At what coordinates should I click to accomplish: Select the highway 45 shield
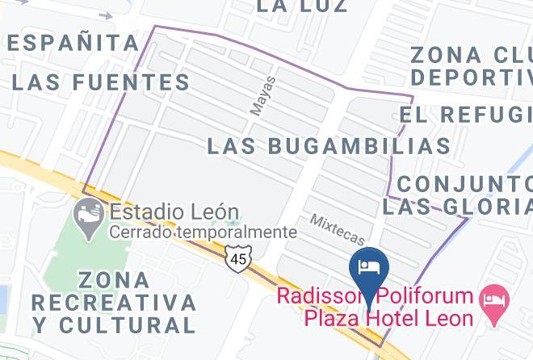click(x=238, y=259)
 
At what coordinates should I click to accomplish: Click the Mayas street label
click(x=263, y=96)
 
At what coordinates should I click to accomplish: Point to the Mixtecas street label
click(x=338, y=231)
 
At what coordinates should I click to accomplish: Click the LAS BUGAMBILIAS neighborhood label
click(x=328, y=146)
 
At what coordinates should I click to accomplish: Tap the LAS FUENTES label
click(x=101, y=82)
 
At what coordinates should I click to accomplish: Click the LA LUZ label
click(x=302, y=6)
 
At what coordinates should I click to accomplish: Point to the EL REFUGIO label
click(x=464, y=115)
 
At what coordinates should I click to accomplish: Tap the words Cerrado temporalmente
click(x=204, y=232)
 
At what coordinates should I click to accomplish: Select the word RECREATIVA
click(x=114, y=303)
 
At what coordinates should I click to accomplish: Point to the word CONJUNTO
click(x=464, y=183)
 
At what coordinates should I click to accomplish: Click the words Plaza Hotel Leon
click(x=388, y=317)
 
